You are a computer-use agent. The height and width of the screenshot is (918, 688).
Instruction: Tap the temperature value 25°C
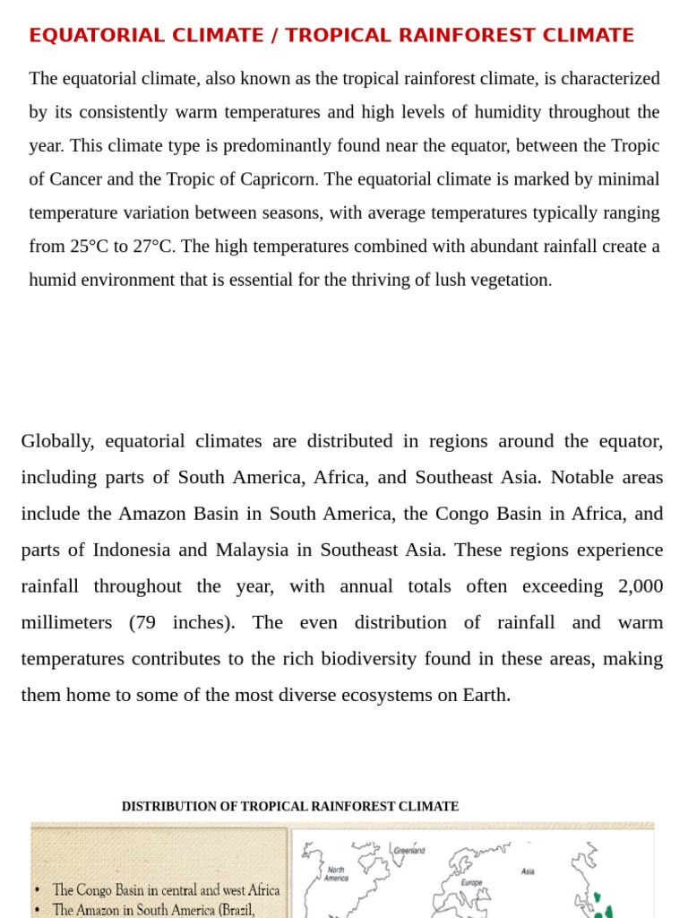(90, 247)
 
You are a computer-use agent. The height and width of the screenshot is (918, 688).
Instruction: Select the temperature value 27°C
(151, 247)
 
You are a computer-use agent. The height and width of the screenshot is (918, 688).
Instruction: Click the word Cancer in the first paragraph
(75, 179)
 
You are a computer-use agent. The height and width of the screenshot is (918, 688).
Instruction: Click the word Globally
(57, 441)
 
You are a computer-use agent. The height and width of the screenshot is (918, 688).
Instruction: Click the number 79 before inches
(145, 622)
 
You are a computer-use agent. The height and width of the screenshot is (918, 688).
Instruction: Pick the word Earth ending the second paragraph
(486, 695)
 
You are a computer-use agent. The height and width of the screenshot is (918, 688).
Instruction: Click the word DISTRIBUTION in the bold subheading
(169, 807)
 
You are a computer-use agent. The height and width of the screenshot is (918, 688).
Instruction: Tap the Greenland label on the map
(409, 850)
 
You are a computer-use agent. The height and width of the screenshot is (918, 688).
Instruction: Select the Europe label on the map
(472, 882)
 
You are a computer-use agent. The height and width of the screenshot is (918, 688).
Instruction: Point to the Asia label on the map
(528, 870)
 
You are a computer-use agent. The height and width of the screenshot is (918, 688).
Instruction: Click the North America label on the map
(336, 874)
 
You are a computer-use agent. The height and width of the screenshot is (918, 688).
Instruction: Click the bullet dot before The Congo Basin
(37, 890)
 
